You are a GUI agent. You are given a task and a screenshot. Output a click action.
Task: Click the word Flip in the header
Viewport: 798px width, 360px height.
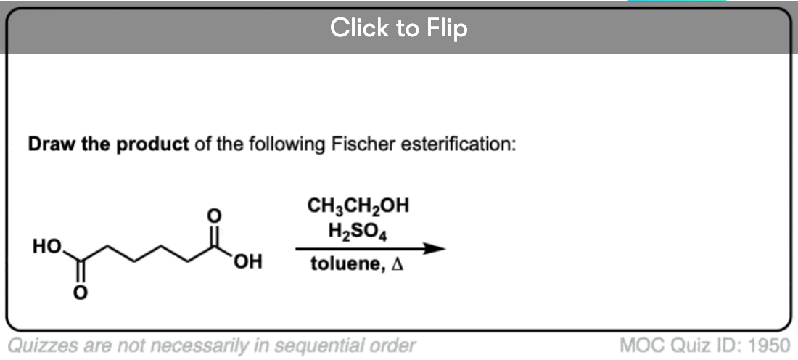tap(447, 28)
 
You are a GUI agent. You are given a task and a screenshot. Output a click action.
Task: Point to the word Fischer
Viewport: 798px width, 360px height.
tap(363, 144)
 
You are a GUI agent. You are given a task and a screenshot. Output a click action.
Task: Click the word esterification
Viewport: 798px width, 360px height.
tap(458, 144)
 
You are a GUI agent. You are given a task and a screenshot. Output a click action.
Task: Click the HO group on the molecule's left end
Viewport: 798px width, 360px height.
tap(47, 247)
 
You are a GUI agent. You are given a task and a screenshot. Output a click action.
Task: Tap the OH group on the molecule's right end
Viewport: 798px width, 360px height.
tap(248, 262)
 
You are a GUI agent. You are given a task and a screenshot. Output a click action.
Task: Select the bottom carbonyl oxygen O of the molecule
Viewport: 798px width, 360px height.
tap(81, 292)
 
